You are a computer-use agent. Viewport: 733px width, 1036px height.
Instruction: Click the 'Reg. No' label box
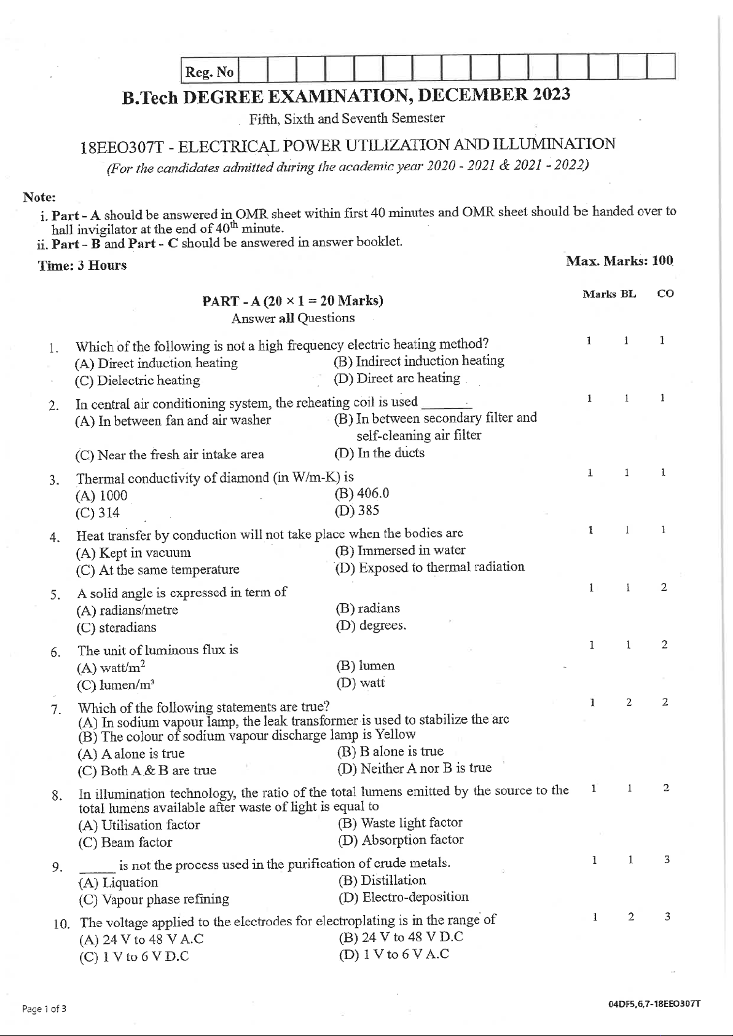(210, 72)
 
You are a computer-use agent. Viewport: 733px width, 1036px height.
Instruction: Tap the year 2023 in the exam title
(551, 94)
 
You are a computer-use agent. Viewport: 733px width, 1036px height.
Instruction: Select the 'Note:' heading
(39, 197)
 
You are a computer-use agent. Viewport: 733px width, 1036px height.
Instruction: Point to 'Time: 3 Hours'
(82, 265)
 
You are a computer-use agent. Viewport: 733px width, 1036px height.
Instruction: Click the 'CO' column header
(665, 294)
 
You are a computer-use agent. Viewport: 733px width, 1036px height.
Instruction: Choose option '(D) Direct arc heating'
(397, 378)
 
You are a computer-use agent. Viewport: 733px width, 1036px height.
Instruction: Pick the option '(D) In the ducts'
(379, 453)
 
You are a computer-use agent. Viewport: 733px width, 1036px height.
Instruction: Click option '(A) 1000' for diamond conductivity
(101, 496)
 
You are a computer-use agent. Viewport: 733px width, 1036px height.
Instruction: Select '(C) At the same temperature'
(157, 570)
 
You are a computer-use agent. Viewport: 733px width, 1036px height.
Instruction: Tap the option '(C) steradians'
(116, 628)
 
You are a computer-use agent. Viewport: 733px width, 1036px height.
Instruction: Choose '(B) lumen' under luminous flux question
(365, 665)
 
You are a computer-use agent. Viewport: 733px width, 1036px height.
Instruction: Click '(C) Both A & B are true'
(147, 770)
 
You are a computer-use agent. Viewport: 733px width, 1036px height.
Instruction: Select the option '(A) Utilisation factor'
(139, 825)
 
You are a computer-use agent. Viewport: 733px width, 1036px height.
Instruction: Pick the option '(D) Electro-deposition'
(403, 897)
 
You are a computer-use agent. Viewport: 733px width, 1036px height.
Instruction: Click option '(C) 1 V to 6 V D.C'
(134, 957)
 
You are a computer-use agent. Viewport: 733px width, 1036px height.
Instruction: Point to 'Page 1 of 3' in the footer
(44, 1008)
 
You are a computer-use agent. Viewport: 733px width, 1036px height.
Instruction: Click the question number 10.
(61, 924)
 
